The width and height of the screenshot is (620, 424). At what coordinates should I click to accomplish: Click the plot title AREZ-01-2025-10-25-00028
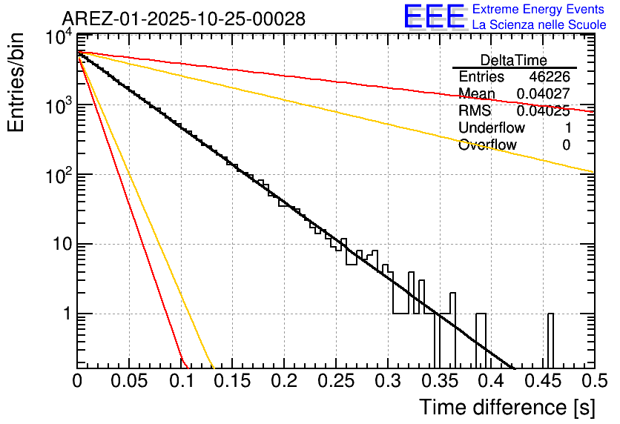[x=183, y=19]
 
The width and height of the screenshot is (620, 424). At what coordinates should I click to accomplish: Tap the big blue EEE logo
[x=434, y=17]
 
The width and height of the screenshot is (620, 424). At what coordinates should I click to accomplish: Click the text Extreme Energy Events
[x=538, y=10]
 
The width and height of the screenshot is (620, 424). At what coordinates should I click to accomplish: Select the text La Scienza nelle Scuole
[x=538, y=25]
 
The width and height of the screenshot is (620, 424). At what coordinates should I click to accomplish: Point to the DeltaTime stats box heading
[x=514, y=60]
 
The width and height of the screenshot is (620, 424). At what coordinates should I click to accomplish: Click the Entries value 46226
[x=550, y=77]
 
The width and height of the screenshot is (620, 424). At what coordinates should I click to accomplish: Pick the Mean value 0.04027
[x=543, y=94]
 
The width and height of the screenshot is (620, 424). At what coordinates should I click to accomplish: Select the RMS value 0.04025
[x=543, y=111]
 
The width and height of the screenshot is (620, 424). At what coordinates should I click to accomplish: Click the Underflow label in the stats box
[x=492, y=128]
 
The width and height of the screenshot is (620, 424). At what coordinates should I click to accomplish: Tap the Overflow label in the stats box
[x=487, y=145]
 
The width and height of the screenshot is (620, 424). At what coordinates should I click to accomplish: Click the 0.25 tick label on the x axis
[x=335, y=382]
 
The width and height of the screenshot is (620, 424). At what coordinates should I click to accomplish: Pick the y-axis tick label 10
[x=59, y=245]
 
